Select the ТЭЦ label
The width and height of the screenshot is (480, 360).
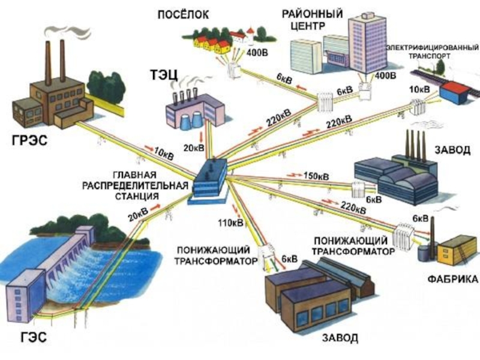click(164, 75)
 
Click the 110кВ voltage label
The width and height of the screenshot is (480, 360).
click(230, 223)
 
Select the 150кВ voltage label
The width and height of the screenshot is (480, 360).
click(316, 177)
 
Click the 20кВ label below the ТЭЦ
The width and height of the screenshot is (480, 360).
click(194, 148)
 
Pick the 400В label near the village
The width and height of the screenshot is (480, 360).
click(257, 55)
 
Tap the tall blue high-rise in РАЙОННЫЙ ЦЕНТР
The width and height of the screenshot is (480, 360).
click(368, 42)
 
